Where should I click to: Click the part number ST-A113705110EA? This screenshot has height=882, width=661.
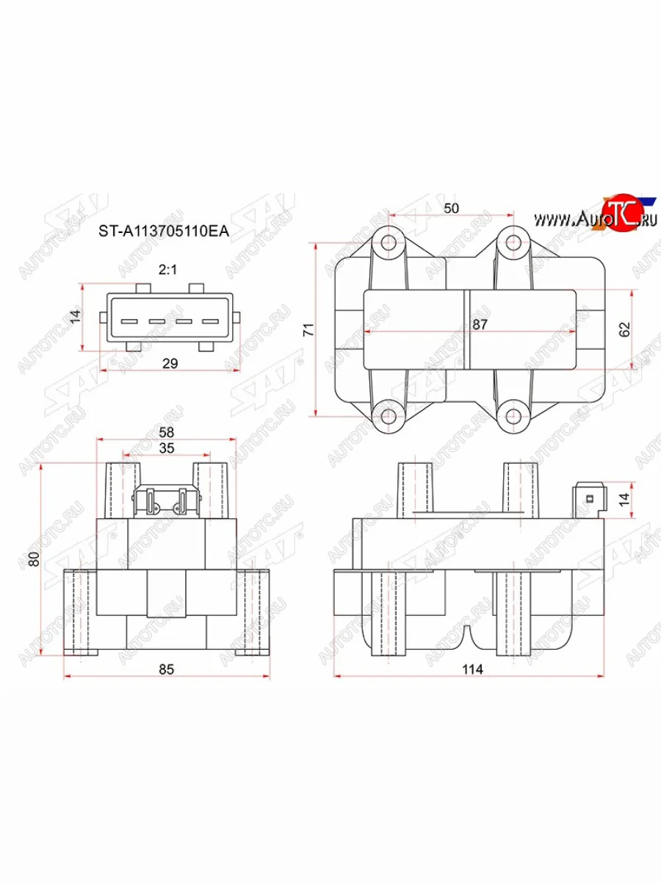165,232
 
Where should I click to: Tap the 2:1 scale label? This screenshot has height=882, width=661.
168,270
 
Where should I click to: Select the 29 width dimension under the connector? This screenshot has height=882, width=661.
170,363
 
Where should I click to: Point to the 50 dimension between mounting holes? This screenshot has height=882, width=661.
451,209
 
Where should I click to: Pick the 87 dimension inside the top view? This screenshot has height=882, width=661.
480,324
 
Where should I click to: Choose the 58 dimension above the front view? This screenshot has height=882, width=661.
167,434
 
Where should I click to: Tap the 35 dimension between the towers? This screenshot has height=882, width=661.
167,448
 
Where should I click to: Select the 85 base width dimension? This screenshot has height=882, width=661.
167,669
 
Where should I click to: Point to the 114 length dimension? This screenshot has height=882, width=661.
472,669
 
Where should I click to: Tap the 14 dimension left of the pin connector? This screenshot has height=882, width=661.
73,317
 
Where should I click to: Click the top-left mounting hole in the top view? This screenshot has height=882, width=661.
390,243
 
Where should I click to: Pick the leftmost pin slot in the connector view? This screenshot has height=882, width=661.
129,321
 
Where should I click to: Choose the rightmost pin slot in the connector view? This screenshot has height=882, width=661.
210,321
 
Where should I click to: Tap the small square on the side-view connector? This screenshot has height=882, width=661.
589,500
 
